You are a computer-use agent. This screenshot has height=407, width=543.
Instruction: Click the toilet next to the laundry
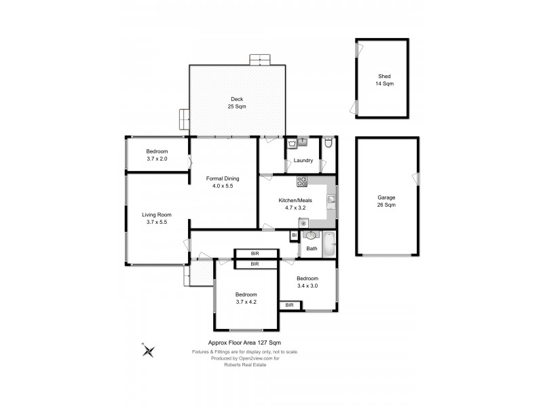[328, 143]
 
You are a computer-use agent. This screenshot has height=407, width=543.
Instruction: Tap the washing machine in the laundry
[292, 143]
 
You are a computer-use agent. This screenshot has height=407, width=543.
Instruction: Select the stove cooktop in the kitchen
[302, 181]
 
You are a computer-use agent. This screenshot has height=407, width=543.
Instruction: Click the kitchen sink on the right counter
[331, 199]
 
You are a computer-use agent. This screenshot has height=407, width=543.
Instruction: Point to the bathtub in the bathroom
[329, 244]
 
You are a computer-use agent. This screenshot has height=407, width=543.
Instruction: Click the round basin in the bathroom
[311, 236]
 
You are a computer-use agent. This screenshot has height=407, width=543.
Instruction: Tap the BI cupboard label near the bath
[294, 235]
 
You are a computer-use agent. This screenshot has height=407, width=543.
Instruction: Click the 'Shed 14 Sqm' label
[385, 79]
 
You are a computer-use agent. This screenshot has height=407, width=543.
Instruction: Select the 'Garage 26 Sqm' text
[386, 201]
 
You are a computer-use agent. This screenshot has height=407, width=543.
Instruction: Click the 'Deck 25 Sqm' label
[237, 103]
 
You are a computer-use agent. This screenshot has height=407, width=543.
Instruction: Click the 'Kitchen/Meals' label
[295, 200]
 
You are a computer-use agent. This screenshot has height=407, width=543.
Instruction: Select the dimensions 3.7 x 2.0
[156, 159]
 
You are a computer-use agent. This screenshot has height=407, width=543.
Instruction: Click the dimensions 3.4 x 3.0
[307, 286]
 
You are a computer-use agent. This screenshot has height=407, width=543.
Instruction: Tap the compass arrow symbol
[149, 350]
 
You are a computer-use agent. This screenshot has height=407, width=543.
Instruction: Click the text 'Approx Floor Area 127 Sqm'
[245, 343]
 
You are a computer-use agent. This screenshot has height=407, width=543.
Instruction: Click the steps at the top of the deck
[260, 60]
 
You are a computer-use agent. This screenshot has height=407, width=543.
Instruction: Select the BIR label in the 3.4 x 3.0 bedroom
[290, 305]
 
